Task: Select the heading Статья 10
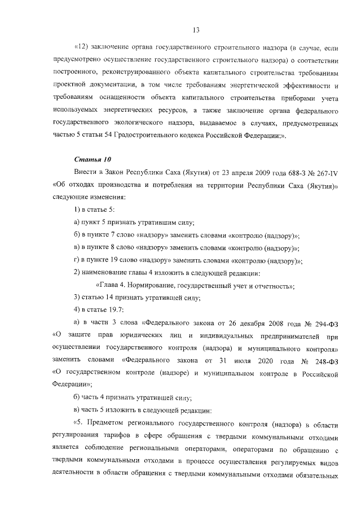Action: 93,159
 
